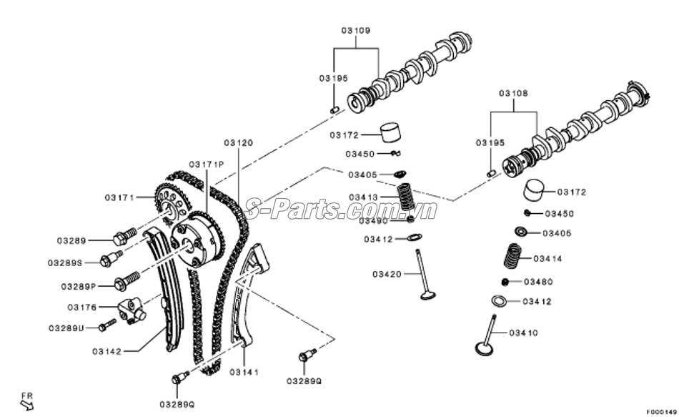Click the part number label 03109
[x=355, y=31]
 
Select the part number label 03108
[x=513, y=94]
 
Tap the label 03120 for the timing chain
[x=238, y=143]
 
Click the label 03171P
[x=207, y=165]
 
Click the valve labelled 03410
[x=490, y=336]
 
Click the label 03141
[x=244, y=372]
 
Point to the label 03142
[x=106, y=351]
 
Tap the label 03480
[x=538, y=282]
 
